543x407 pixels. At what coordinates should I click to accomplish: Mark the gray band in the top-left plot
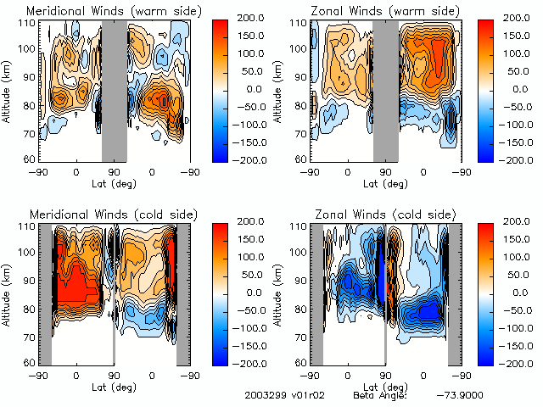pos(115,90)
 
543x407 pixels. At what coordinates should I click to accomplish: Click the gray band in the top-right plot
pos(386,90)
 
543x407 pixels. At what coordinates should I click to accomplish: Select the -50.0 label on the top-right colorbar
pos(514,106)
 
